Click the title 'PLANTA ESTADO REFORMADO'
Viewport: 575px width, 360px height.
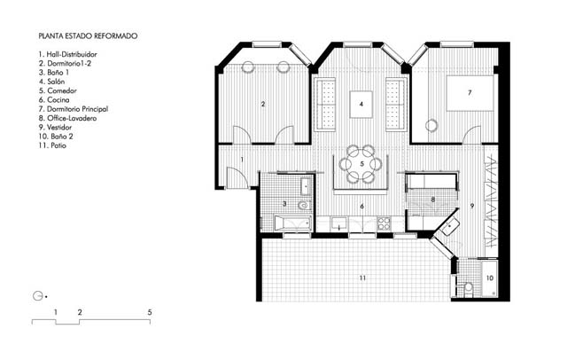(x=88, y=36)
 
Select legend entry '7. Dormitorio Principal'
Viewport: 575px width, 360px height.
(x=74, y=109)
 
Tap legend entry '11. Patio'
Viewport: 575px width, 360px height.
(x=52, y=145)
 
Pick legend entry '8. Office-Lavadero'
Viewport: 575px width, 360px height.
(x=67, y=118)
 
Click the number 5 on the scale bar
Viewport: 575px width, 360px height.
(x=150, y=312)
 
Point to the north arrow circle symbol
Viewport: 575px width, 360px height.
(x=37, y=296)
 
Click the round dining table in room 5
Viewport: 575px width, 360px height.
(x=361, y=164)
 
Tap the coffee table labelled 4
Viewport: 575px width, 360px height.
(x=361, y=105)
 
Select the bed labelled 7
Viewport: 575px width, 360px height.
(x=470, y=93)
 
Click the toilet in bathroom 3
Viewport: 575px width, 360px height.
(x=304, y=206)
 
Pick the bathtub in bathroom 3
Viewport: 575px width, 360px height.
(x=293, y=223)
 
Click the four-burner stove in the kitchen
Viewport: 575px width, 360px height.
(x=384, y=223)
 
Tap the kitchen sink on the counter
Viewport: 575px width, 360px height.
(x=338, y=223)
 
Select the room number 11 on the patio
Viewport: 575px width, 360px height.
(x=362, y=278)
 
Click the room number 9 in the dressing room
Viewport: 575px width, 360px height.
(x=472, y=207)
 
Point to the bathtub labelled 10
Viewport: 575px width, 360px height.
(x=489, y=278)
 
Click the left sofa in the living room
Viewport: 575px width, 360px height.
(x=326, y=105)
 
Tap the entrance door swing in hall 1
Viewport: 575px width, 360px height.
(x=236, y=177)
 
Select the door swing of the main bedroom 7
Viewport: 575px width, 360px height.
(x=471, y=135)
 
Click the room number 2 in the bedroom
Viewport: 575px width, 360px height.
(x=262, y=105)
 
